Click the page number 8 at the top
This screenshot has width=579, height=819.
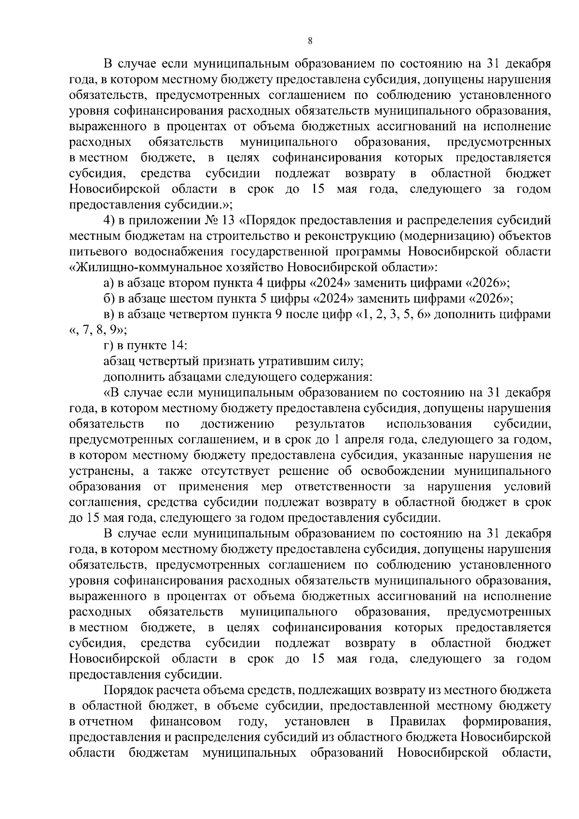[310, 42]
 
